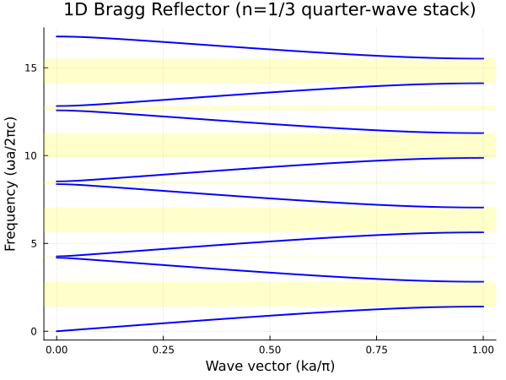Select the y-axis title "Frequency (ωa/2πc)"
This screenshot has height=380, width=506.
(11, 184)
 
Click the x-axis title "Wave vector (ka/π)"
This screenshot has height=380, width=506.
(269, 366)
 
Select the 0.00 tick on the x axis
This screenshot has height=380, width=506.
(57, 348)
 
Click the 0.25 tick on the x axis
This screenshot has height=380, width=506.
(163, 348)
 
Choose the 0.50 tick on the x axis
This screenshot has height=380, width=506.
(269, 348)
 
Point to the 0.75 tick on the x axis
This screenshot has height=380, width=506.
(376, 348)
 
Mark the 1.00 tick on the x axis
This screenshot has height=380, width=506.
(482, 348)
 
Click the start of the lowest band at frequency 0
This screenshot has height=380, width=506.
(57, 331)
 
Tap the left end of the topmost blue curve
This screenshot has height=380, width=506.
(57, 36)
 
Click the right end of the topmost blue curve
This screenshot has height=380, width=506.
(482, 58)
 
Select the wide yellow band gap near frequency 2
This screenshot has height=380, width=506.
(269, 294)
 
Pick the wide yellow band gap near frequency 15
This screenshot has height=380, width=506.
(269, 71)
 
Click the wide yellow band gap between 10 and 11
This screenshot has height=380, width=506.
(269, 145)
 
